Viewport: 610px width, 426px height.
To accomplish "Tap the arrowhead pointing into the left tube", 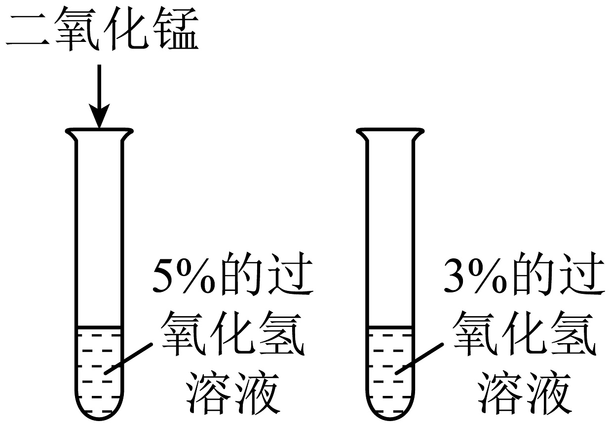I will (x=99, y=118).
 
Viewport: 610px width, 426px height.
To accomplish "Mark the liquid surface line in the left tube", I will (x=99, y=327).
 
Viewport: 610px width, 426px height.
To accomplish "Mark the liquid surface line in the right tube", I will (x=389, y=327).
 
